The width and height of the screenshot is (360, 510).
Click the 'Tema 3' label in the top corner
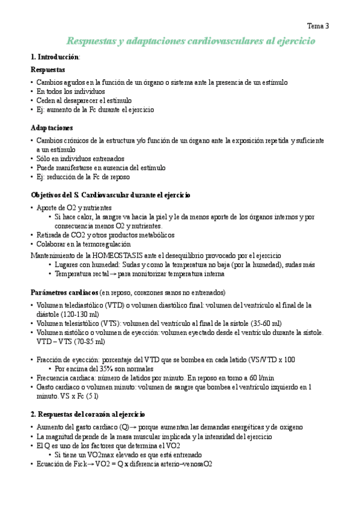coord(318,26)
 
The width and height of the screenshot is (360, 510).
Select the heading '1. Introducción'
coord(54,57)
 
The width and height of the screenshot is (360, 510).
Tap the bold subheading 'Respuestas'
coord(47,70)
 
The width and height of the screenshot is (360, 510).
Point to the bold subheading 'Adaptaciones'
coord(52,128)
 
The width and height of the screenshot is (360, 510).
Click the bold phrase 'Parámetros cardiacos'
coord(64,292)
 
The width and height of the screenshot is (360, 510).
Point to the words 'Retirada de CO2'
coord(60,235)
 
